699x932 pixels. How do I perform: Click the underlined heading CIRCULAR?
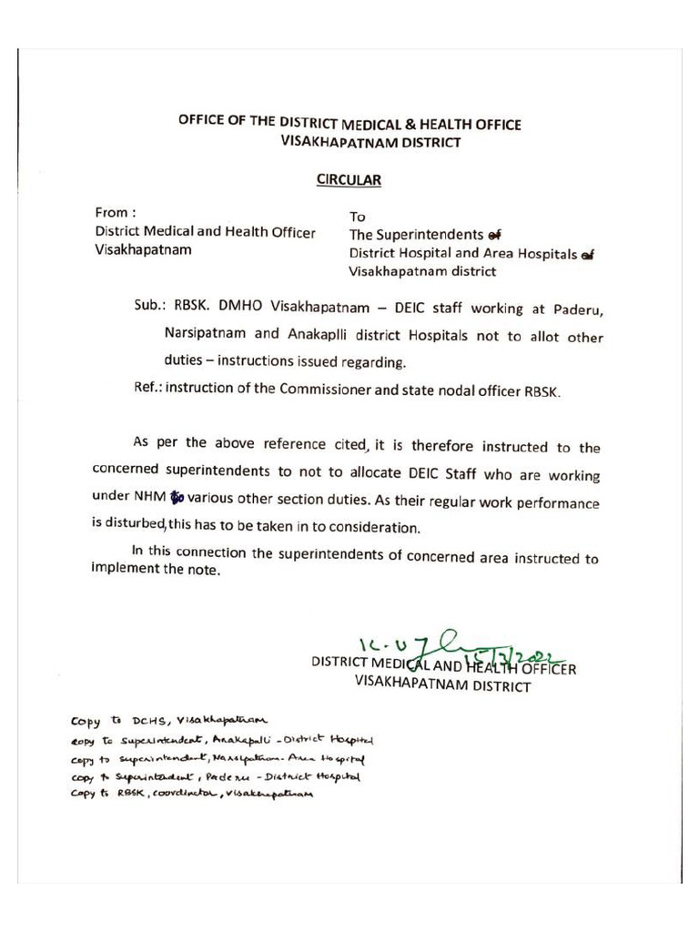click(x=349, y=180)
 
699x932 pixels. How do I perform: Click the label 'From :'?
click(x=116, y=213)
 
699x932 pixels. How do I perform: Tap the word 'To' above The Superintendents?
click(x=358, y=218)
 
